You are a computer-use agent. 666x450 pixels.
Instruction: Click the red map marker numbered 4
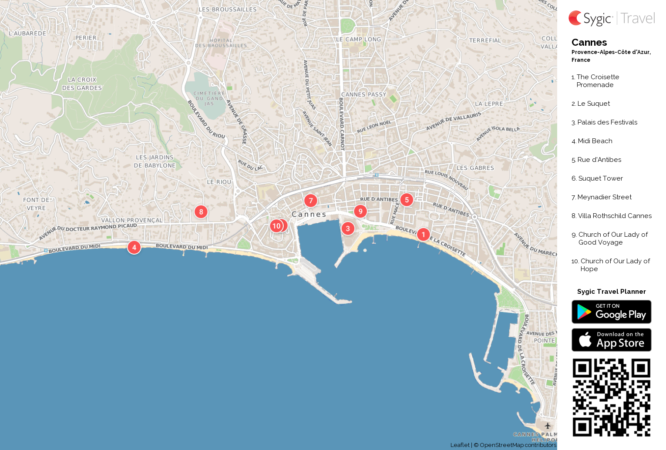pyautogui.click(x=134, y=247)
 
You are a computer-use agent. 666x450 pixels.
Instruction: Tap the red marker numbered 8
pyautogui.click(x=201, y=212)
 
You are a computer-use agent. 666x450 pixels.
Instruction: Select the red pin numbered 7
pyautogui.click(x=310, y=201)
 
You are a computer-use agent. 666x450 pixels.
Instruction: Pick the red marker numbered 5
pyautogui.click(x=407, y=200)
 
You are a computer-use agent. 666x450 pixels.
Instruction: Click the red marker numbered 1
pyautogui.click(x=423, y=235)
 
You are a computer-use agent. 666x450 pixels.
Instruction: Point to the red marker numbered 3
pyautogui.click(x=348, y=228)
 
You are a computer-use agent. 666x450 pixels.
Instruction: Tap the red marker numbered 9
pyautogui.click(x=360, y=211)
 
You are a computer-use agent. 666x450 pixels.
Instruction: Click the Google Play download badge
pyautogui.click(x=611, y=312)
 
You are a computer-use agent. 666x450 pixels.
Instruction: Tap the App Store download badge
pyautogui.click(x=611, y=340)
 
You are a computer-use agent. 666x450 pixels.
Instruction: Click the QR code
pyautogui.click(x=611, y=397)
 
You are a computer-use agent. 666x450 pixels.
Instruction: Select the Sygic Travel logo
pyautogui.click(x=611, y=18)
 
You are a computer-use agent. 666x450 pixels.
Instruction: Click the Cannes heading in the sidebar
pyautogui.click(x=589, y=42)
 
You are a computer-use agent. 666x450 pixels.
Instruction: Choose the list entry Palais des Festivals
pyautogui.click(x=607, y=122)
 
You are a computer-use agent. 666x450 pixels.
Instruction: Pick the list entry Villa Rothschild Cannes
pyautogui.click(x=614, y=216)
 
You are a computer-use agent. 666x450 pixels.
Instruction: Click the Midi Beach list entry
pyautogui.click(x=595, y=141)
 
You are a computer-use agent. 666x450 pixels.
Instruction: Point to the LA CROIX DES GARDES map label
pyautogui.click(x=82, y=84)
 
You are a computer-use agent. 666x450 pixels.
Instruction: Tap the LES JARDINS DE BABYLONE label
pyautogui.click(x=155, y=161)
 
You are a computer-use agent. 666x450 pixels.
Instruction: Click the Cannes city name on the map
pyautogui.click(x=309, y=214)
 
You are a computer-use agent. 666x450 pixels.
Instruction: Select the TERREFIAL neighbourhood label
pyautogui.click(x=485, y=40)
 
